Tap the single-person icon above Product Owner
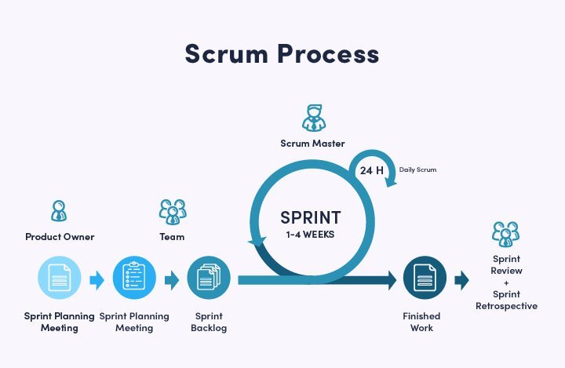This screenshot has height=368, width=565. pyautogui.click(x=59, y=210)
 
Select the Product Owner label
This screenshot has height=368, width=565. pyautogui.click(x=60, y=236)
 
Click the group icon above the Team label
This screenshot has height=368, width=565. pyautogui.click(x=172, y=211)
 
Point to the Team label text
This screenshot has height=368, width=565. pyautogui.click(x=172, y=236)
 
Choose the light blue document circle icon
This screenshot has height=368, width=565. pyautogui.click(x=60, y=279)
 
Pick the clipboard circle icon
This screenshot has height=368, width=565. pyautogui.click(x=134, y=279)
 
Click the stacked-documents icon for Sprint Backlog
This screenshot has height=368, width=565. pyautogui.click(x=209, y=279)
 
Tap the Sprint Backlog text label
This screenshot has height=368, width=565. pyautogui.click(x=209, y=322)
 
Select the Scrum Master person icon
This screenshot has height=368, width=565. pyautogui.click(x=313, y=118)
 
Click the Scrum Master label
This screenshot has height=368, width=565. pyautogui.click(x=313, y=144)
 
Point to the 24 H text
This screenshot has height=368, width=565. pyautogui.click(x=372, y=170)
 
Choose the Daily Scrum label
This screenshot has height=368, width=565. pyautogui.click(x=417, y=169)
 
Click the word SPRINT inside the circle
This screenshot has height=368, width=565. pyautogui.click(x=312, y=217)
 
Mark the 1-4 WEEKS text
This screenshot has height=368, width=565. pyautogui.click(x=312, y=234)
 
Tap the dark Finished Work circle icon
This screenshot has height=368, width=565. pyautogui.click(x=425, y=279)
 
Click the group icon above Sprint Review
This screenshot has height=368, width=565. pyautogui.click(x=506, y=234)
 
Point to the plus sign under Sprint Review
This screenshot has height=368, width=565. pyautogui.click(x=506, y=282)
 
